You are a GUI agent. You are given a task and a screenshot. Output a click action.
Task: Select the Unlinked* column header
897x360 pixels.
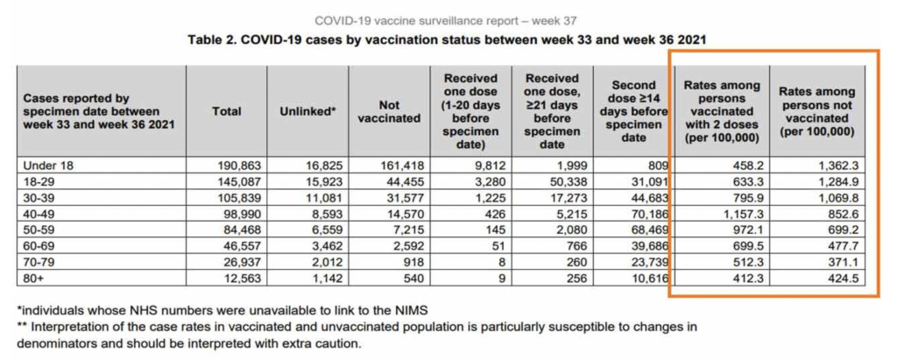(x=307, y=111)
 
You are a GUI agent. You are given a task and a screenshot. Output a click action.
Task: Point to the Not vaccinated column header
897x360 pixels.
(x=389, y=111)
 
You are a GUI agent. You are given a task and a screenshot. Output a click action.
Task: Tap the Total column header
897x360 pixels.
(x=227, y=111)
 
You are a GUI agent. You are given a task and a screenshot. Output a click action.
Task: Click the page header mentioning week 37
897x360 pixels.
(x=448, y=20)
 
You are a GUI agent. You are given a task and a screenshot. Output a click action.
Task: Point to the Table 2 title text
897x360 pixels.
(x=448, y=39)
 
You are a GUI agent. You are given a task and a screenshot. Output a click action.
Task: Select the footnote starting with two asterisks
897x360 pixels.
(x=350, y=335)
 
